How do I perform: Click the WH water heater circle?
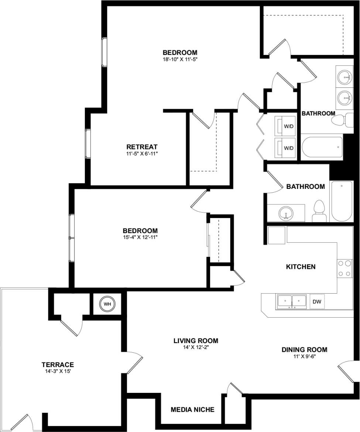pos(107,304)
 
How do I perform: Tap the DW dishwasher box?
pos(317,301)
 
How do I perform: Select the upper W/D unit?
pos(286,126)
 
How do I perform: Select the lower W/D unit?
pos(286,148)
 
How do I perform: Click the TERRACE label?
pos(58,364)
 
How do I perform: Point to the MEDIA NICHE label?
pos(192,409)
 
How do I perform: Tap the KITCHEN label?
pos(301,266)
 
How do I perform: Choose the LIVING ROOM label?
pos(196,341)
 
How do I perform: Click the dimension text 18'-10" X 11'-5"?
pos(180,59)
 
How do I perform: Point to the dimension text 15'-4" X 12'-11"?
pos(135,237)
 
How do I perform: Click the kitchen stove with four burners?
pos(344,269)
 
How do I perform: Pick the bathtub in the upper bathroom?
pos(322,147)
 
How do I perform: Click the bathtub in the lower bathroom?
pos(342,201)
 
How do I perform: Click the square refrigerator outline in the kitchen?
pos(276,235)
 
